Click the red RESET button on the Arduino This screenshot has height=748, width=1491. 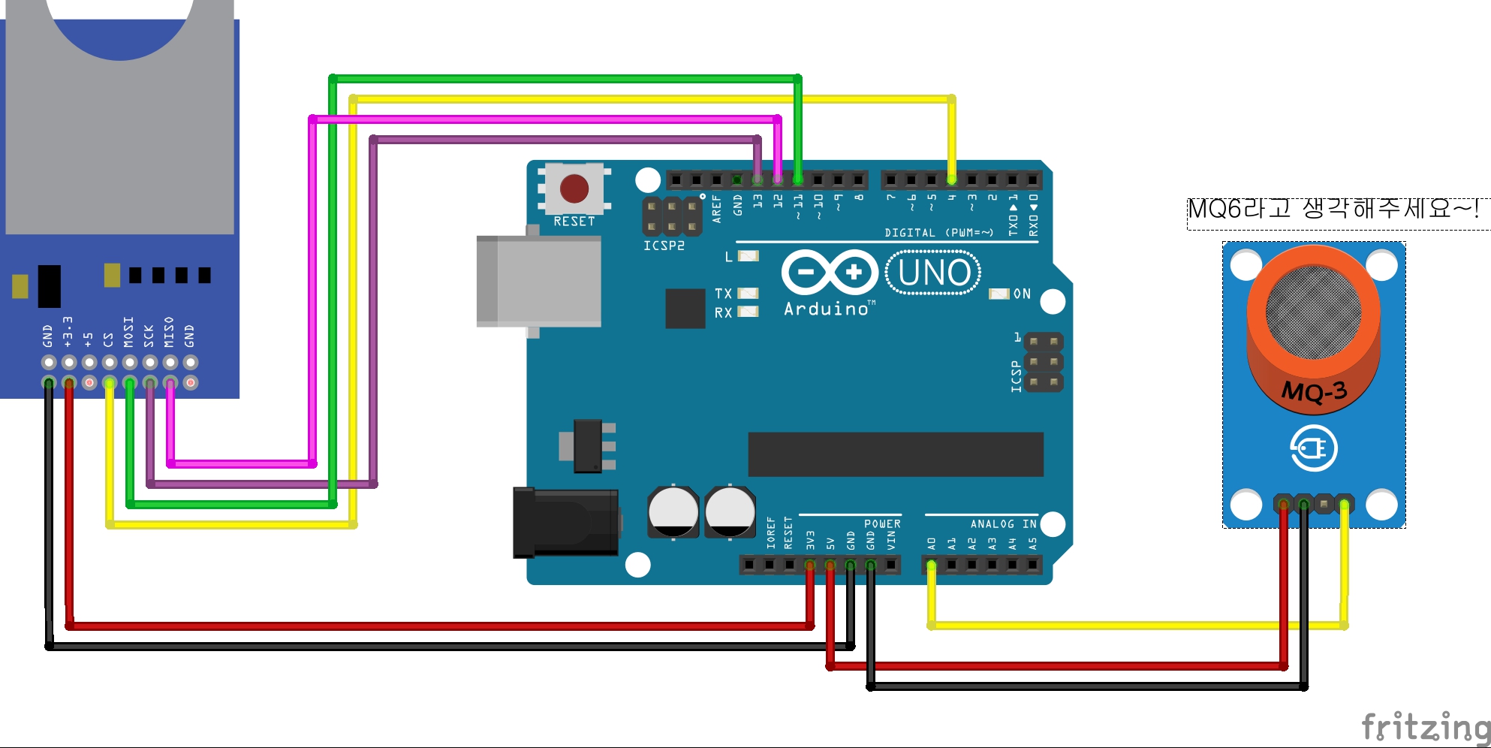[x=574, y=189]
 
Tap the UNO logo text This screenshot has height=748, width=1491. [x=933, y=273]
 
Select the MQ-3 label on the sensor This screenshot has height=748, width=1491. [x=1314, y=391]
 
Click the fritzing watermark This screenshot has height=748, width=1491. [x=1425, y=727]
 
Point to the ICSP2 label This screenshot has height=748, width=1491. [x=664, y=246]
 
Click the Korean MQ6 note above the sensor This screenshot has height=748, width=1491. [x=1333, y=209]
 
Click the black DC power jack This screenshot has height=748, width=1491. [x=565, y=523]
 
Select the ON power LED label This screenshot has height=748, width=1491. [x=1022, y=294]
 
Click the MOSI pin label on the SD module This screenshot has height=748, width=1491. [x=128, y=332]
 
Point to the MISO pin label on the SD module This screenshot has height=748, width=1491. [x=169, y=332]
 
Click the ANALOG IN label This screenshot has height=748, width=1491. [x=1003, y=524]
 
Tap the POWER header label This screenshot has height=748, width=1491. [x=882, y=524]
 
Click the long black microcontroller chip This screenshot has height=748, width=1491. [x=896, y=454]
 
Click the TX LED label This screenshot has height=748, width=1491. [x=723, y=294]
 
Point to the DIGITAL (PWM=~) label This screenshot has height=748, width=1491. [x=938, y=233]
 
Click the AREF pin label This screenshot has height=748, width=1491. [x=716, y=209]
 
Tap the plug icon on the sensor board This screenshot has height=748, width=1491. [x=1314, y=448]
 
